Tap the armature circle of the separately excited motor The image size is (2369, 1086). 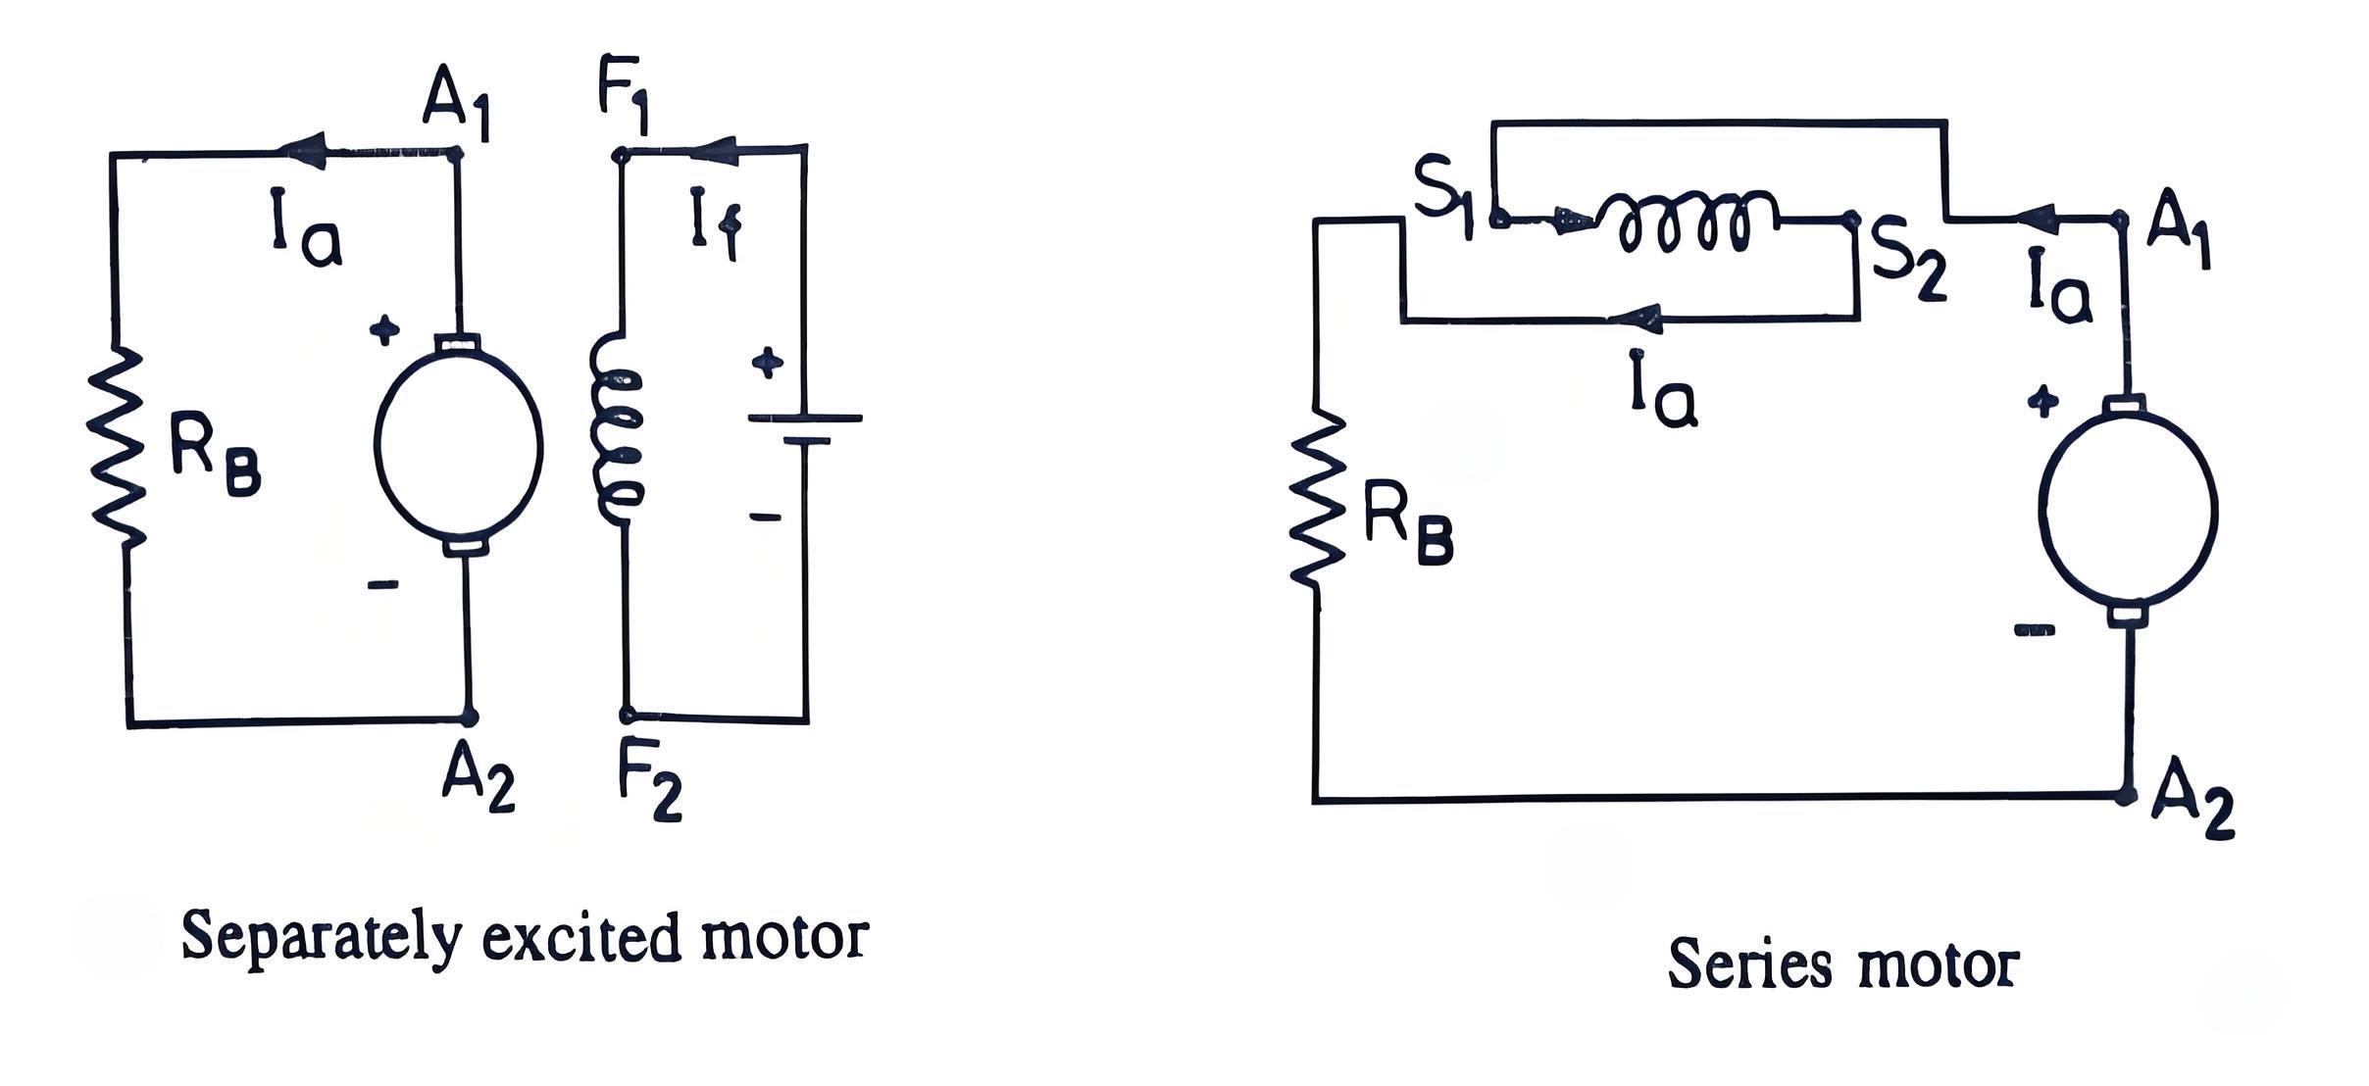coord(459,443)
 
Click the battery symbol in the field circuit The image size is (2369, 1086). coord(804,429)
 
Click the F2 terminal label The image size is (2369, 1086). coord(650,790)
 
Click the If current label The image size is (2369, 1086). coord(714,225)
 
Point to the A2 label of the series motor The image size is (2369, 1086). coord(2193,810)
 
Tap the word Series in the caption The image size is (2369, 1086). coord(1749,964)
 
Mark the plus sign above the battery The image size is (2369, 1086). coord(767,364)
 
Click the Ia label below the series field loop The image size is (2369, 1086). coord(1663,390)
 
